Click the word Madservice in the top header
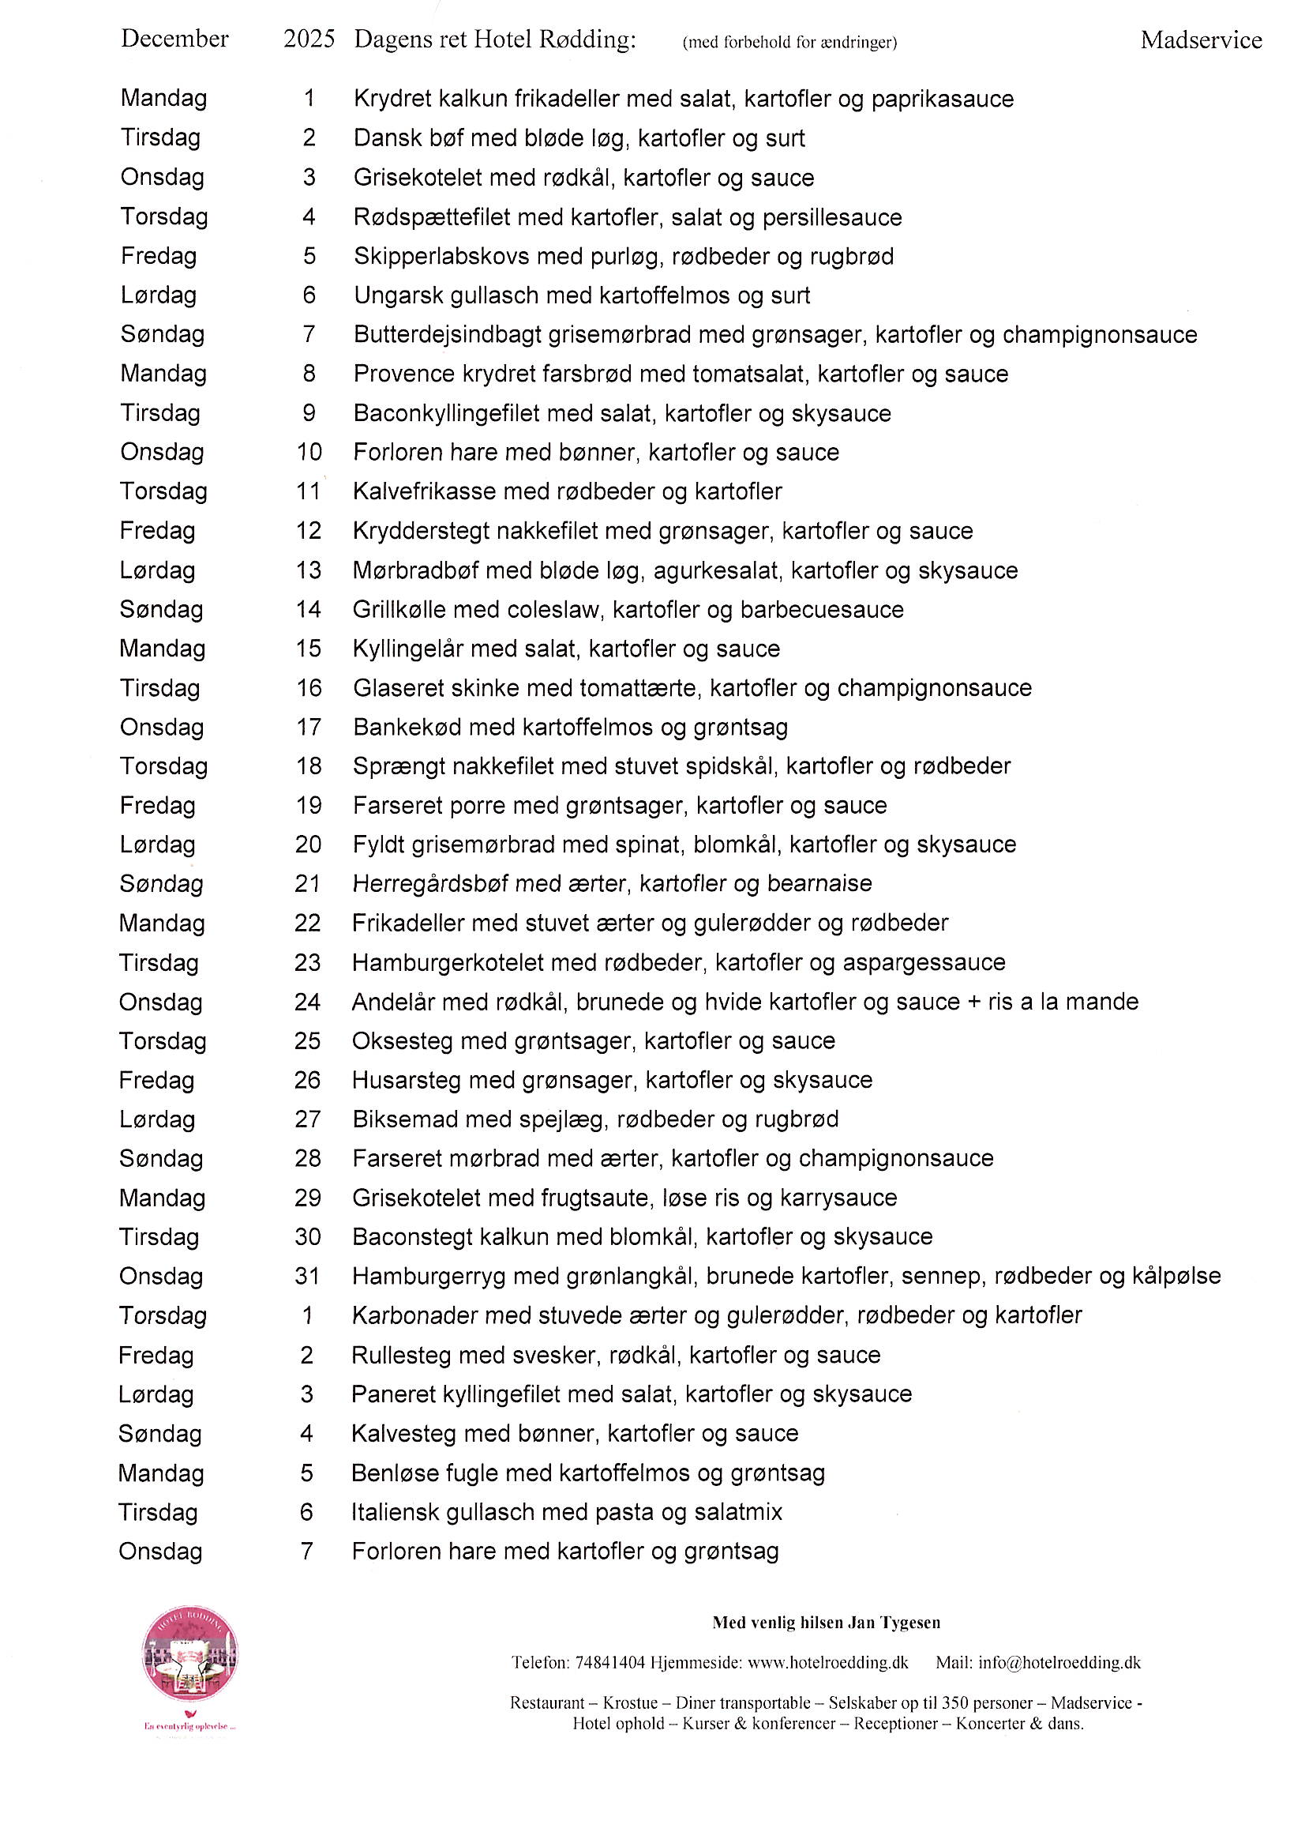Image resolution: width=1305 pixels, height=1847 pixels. point(1201,40)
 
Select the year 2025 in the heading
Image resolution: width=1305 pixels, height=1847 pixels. point(309,39)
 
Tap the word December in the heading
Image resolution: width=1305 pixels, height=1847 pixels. point(174,39)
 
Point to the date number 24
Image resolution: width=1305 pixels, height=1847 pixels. point(307,1002)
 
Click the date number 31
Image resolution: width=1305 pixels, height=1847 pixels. point(307,1276)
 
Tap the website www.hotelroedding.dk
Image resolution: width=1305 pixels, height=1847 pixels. point(827,1663)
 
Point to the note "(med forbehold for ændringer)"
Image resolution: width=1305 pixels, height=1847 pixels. point(789,43)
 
